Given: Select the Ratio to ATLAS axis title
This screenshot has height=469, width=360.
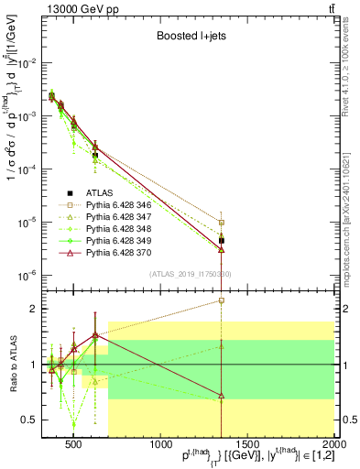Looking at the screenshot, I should coord(12,365).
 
